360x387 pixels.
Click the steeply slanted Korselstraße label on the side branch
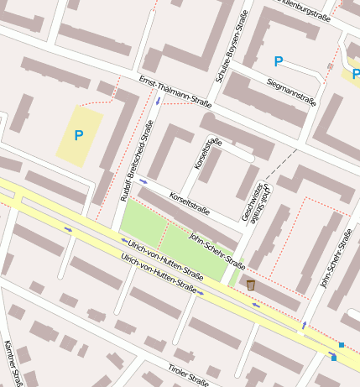tap(206, 154)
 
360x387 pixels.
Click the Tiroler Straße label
tap(186, 376)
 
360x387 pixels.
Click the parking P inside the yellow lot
tap(79, 134)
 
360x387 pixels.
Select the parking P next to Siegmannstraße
tap(279, 60)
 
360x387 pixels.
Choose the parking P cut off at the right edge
tap(355, 74)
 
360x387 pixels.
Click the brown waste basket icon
tap(250, 285)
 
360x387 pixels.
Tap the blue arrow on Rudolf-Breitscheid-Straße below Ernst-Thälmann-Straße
tap(158, 102)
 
